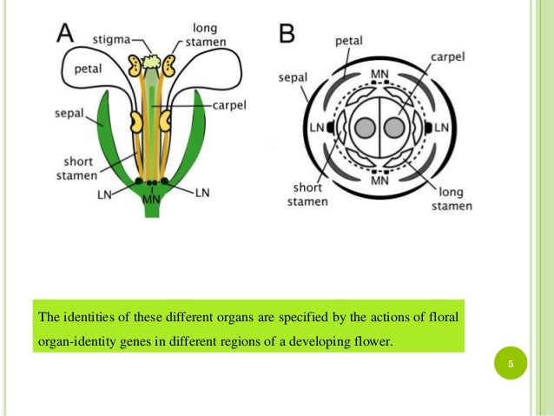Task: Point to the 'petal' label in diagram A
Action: tap(89, 69)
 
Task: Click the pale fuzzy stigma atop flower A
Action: tap(151, 62)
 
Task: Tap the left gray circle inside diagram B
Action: tap(366, 128)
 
